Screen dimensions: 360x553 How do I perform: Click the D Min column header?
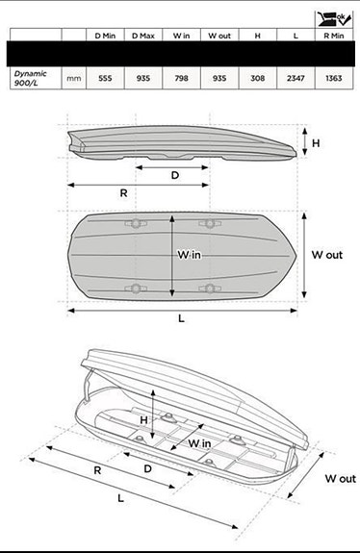(105, 36)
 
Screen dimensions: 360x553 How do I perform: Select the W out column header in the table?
(219, 36)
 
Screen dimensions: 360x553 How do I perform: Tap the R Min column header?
(333, 36)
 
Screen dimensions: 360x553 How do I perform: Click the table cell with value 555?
(105, 78)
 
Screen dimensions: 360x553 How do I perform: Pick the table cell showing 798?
(181, 78)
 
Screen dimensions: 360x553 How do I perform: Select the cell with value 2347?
(296, 78)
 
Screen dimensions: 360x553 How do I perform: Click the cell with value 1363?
(333, 78)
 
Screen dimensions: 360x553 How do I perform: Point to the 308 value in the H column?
(258, 78)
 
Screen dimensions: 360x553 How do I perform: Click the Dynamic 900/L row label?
(30, 78)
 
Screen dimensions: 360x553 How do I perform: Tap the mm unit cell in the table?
(74, 78)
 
